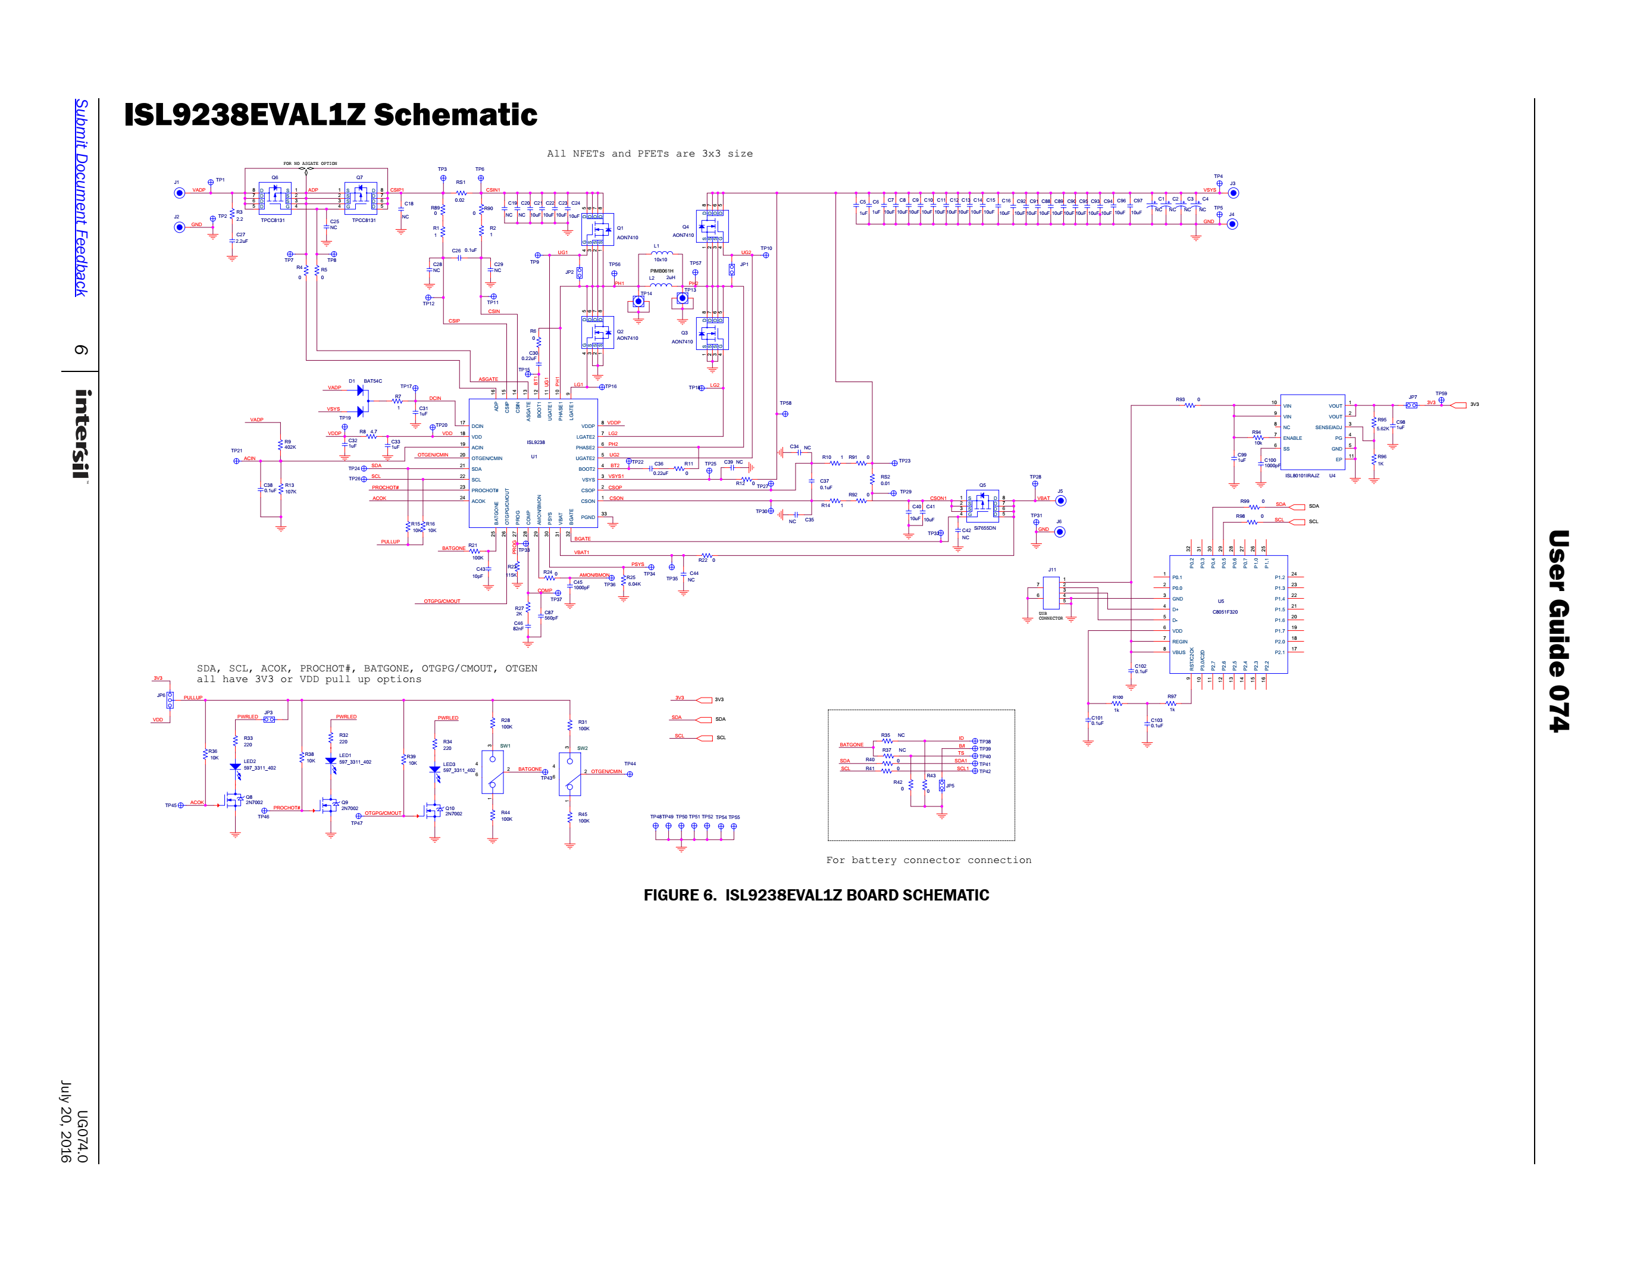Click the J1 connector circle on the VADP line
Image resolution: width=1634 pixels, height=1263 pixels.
[180, 193]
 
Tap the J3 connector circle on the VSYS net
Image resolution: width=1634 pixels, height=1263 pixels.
[1234, 193]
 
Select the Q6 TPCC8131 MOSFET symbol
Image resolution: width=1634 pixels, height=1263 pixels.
[274, 198]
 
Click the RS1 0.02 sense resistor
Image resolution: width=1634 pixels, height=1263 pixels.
[461, 193]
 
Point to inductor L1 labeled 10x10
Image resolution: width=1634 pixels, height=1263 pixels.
[661, 254]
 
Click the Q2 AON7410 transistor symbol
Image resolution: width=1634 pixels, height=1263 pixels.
[598, 333]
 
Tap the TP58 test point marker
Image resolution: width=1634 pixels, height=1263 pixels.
[785, 413]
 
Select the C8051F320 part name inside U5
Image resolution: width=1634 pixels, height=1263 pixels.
[1225, 612]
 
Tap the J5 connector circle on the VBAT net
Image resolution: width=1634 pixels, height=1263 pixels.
[1060, 501]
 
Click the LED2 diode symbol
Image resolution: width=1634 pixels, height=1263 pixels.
[235, 768]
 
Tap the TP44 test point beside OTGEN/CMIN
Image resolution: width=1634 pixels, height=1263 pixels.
[630, 774]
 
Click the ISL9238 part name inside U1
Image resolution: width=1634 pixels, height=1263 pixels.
[536, 442]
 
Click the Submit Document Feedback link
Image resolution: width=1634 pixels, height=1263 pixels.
[81, 198]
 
